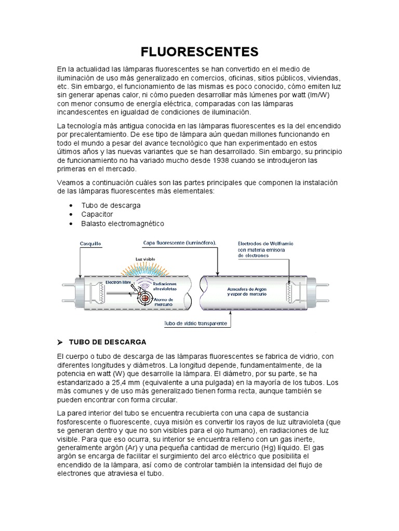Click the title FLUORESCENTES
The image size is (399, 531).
[x=199, y=52]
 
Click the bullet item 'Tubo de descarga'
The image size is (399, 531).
[x=111, y=205]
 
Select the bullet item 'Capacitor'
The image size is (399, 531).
[x=97, y=214]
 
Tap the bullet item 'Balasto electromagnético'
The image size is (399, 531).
[x=123, y=223]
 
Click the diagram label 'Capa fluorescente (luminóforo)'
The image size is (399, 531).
[x=179, y=243]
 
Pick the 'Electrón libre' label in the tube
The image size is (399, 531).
[x=116, y=283]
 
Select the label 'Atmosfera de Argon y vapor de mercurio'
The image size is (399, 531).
[x=247, y=291]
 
